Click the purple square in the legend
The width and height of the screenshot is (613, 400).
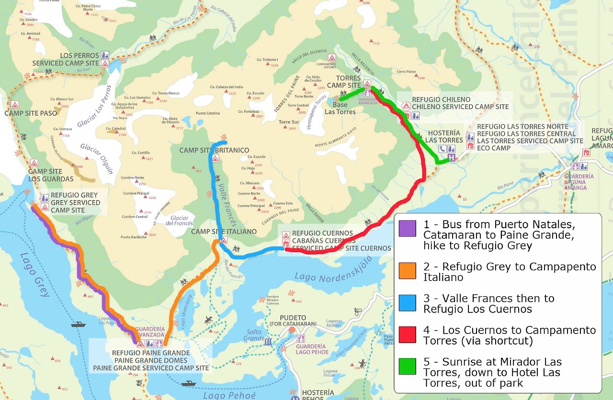407,228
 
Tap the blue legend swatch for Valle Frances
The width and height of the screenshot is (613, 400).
407,303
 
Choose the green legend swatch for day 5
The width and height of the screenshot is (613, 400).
407,366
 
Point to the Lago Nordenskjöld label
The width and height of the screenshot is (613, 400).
333,273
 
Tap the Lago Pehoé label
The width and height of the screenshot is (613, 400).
229,395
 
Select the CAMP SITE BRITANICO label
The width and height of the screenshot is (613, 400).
214,150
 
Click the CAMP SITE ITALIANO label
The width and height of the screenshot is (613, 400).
224,232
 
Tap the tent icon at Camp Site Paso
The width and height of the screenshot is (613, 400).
15,104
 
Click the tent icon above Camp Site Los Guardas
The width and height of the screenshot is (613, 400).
34,163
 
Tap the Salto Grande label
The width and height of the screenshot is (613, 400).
254,335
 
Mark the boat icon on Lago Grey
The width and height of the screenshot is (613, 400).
78,324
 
